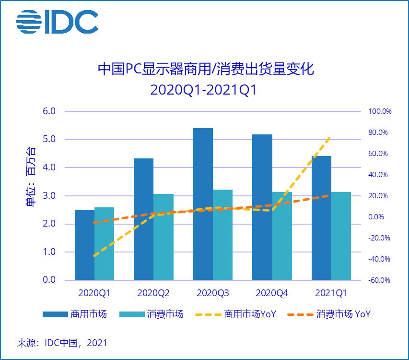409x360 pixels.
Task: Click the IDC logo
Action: pyautogui.click(x=57, y=21)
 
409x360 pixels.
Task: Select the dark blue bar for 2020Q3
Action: pyautogui.click(x=203, y=204)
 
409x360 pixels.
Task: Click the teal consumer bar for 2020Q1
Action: pyautogui.click(x=104, y=243)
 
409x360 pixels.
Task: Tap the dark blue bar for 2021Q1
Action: pyautogui.click(x=321, y=218)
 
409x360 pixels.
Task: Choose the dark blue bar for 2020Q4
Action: pyautogui.click(x=262, y=207)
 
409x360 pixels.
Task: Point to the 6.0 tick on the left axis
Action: pyautogui.click(x=50, y=111)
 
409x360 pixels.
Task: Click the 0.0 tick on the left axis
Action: pyautogui.click(x=50, y=280)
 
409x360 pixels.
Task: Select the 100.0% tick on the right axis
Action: pyautogui.click(x=380, y=111)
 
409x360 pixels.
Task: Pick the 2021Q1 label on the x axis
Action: pyautogui.click(x=331, y=293)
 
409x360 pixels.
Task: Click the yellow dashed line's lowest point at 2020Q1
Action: pyautogui.click(x=94, y=256)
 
